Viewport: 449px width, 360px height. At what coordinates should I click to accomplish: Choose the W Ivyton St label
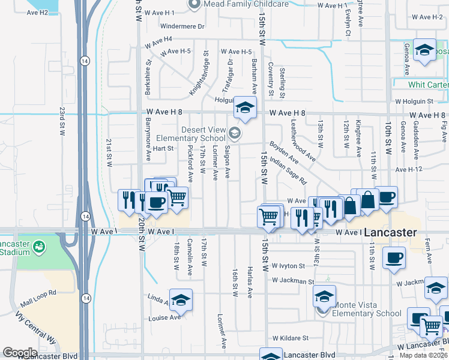[292, 265]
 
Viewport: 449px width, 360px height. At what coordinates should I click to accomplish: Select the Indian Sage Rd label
[288, 171]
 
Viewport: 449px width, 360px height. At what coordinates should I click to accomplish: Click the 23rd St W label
[62, 122]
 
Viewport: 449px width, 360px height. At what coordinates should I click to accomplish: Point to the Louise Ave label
[165, 318]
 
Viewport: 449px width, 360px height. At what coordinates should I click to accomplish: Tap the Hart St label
[163, 148]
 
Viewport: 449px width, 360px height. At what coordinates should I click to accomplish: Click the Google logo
[20, 352]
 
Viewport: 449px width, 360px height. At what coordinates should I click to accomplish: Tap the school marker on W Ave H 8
[244, 107]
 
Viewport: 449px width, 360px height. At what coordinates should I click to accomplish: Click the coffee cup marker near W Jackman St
[394, 258]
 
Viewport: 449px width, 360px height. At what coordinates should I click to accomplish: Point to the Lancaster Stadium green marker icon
[39, 246]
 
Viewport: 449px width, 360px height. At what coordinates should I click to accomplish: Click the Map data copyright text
[423, 355]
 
